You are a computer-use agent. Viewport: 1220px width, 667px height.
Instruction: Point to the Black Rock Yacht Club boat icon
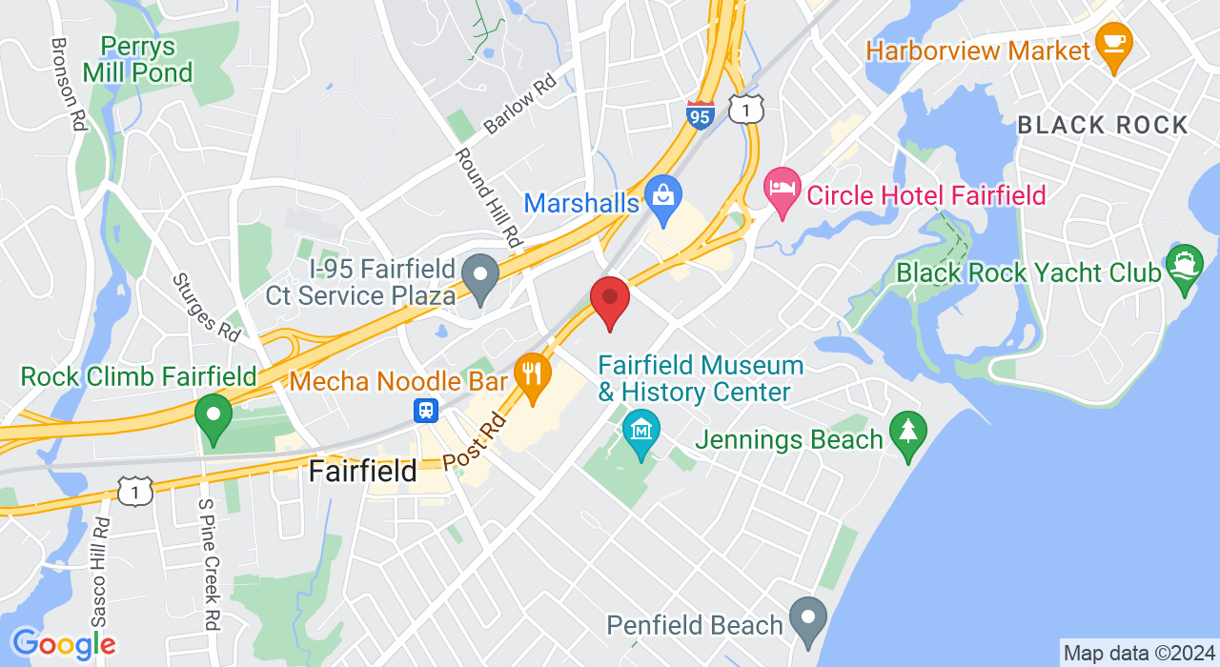(1184, 268)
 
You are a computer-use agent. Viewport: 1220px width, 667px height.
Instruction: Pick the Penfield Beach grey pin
(808, 620)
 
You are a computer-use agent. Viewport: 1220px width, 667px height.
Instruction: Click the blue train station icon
(425, 411)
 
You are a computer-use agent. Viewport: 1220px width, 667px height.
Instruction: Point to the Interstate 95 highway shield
(701, 114)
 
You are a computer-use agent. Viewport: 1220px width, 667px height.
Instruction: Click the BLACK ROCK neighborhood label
(1103, 125)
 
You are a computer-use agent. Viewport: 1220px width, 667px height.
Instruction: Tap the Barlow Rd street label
(519, 105)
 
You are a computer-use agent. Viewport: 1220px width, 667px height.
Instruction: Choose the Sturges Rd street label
(206, 308)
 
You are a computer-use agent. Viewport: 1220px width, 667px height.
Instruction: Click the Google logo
(64, 644)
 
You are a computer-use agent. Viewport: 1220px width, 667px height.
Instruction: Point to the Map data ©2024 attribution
(1139, 654)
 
